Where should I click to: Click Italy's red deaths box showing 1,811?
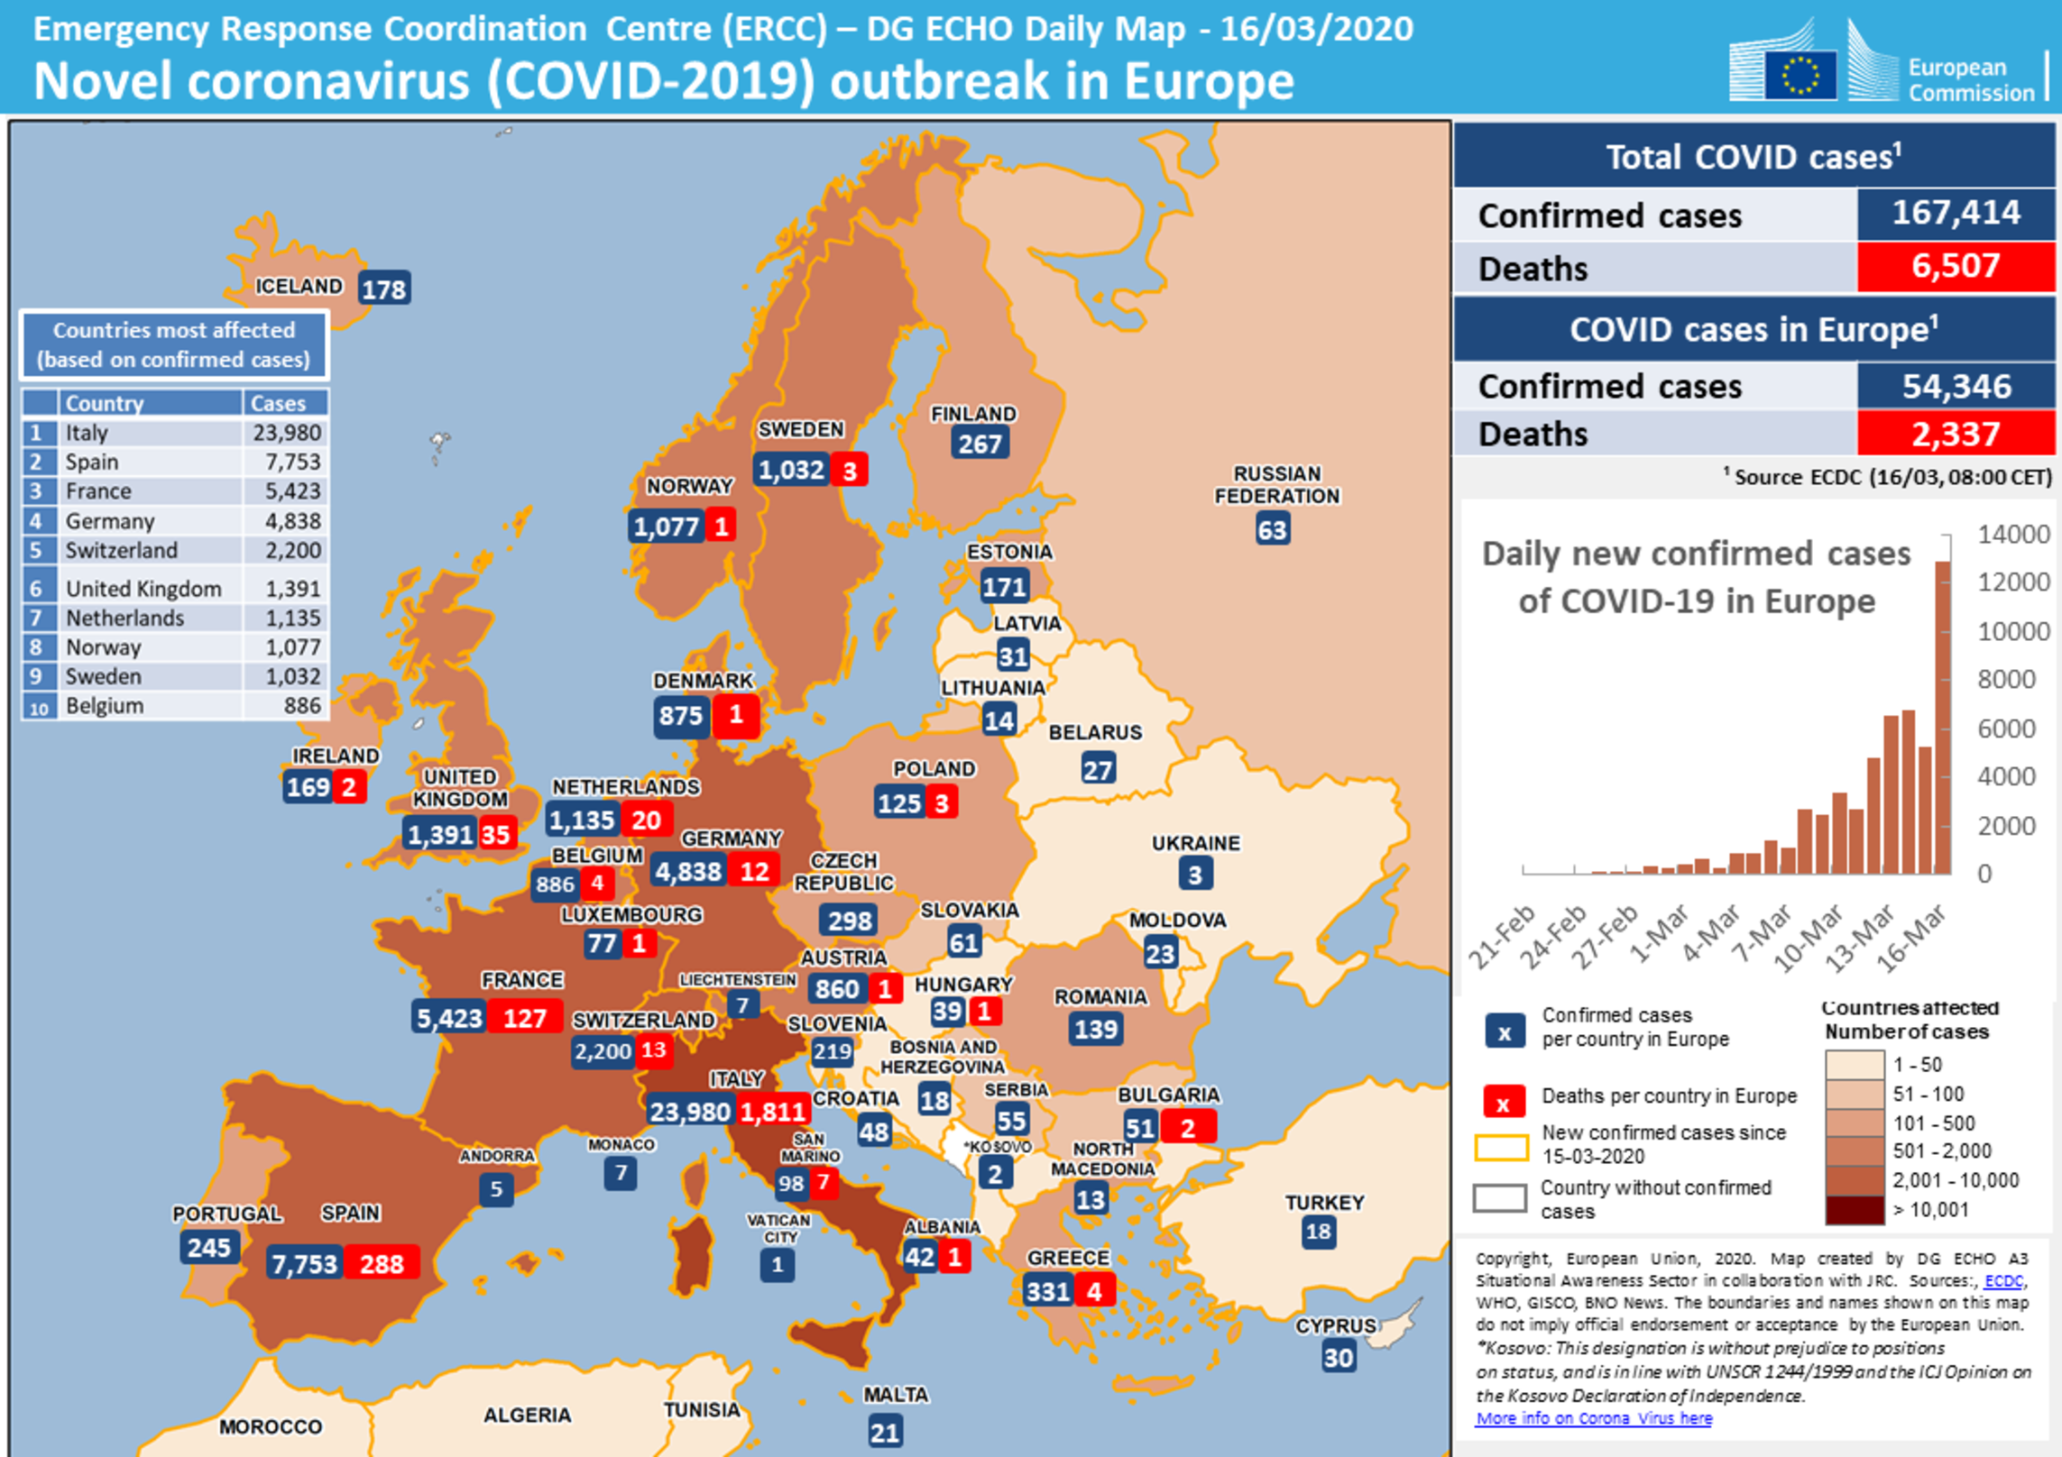pyautogui.click(x=772, y=1111)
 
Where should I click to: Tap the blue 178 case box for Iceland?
pyautogui.click(x=384, y=289)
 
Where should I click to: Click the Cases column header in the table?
pyautogui.click(x=278, y=403)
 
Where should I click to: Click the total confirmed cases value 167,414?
pyautogui.click(x=1956, y=213)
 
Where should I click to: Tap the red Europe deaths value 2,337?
pyautogui.click(x=1956, y=435)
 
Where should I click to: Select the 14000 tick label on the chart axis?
pyautogui.click(x=2013, y=535)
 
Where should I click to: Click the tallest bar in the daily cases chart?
pyautogui.click(x=1942, y=717)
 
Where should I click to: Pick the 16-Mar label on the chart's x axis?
pyautogui.click(x=1911, y=939)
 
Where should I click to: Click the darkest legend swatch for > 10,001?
pyautogui.click(x=1855, y=1210)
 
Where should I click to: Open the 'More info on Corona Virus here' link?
pyautogui.click(x=1593, y=1418)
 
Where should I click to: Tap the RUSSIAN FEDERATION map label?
pyautogui.click(x=1276, y=484)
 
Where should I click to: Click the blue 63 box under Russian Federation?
pyautogui.click(x=1272, y=529)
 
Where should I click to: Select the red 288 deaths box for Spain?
pyautogui.click(x=382, y=1264)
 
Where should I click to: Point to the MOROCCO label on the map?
pyautogui.click(x=271, y=1426)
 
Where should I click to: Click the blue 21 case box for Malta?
pyautogui.click(x=885, y=1432)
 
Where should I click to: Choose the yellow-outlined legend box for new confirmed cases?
pyautogui.click(x=1501, y=1147)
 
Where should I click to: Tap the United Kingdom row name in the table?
pyautogui.click(x=143, y=589)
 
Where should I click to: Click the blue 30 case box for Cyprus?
pyautogui.click(x=1339, y=1357)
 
